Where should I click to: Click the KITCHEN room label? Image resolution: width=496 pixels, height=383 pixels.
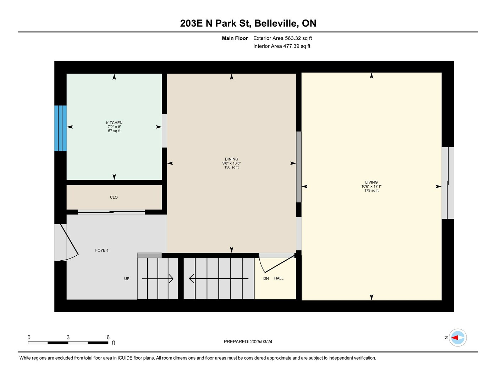[x=114, y=123]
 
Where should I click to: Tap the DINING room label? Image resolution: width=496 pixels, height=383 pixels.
[x=231, y=159]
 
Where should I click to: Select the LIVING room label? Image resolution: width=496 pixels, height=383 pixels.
[x=371, y=182]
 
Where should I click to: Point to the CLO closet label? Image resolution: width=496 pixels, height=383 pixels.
[x=114, y=197]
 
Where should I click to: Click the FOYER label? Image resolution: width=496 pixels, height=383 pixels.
[x=101, y=250]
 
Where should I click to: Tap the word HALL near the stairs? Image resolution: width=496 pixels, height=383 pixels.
[x=279, y=278]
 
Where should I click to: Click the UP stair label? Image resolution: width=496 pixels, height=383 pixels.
[x=127, y=278]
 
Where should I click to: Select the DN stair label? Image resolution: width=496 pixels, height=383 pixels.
[x=266, y=278]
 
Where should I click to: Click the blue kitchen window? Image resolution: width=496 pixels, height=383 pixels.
[x=60, y=128]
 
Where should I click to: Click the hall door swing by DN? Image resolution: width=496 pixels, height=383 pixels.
[x=277, y=264]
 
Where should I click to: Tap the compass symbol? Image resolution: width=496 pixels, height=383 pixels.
[x=457, y=338]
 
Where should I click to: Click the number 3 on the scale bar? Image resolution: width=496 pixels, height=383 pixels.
[x=68, y=337]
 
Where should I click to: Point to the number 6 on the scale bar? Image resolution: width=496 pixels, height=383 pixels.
[x=108, y=337]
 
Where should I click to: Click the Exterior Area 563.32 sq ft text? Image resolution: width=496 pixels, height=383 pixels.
[x=282, y=38]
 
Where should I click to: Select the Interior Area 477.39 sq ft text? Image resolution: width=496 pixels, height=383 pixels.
[x=282, y=46]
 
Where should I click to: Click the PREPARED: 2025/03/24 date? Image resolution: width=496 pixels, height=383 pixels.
[x=248, y=342]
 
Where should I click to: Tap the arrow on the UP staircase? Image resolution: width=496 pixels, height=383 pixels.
[x=158, y=278]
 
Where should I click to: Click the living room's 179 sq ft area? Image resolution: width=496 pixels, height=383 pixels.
[x=371, y=190]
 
